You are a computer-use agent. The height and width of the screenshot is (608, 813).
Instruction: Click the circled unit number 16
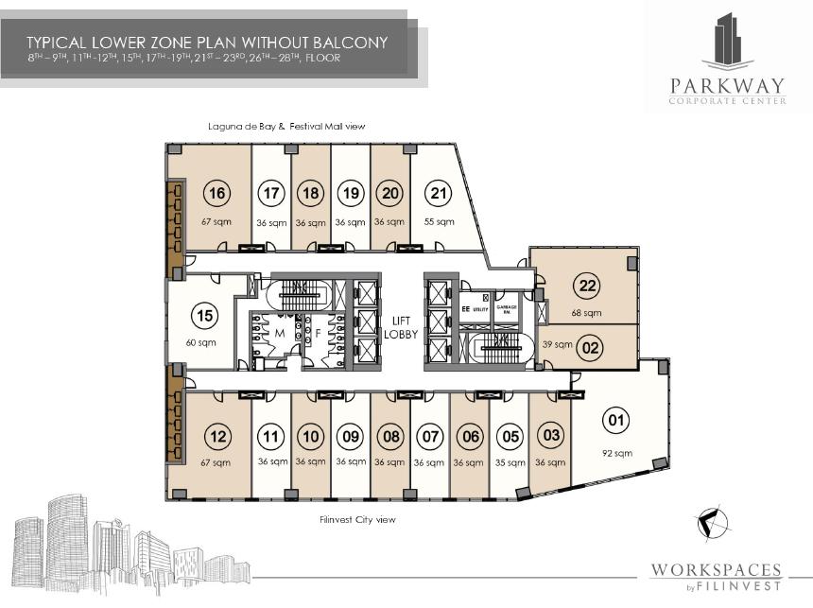217,194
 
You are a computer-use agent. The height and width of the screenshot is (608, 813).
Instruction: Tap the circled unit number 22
587,287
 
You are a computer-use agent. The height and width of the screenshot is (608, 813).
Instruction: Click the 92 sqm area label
615,453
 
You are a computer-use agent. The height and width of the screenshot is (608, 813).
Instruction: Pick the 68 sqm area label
586,313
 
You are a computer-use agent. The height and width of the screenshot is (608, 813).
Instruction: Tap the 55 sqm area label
439,221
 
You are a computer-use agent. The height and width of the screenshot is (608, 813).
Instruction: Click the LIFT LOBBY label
393,327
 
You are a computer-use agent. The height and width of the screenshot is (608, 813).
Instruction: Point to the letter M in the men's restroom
280,334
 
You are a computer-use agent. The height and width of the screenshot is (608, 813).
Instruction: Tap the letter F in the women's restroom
319,334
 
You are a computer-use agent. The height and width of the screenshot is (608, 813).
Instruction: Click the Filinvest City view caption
359,519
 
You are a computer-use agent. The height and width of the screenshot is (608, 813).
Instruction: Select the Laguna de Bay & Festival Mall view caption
286,126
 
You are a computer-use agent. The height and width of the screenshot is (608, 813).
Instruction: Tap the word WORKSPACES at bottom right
716,569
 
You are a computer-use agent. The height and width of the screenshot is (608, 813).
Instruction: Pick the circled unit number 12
217,437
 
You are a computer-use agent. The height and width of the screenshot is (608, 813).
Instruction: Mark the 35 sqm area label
510,462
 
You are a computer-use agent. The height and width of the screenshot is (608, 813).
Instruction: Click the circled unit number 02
591,347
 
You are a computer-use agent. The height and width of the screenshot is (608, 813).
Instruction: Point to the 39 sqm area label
552,346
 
